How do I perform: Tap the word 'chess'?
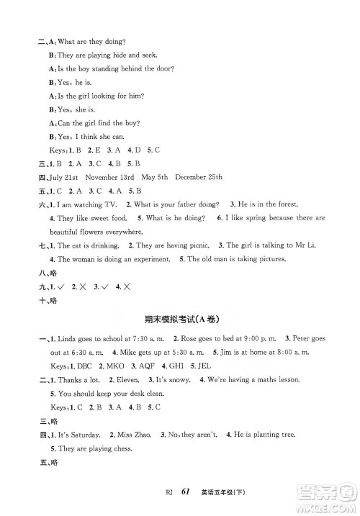(x=120, y=448)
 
